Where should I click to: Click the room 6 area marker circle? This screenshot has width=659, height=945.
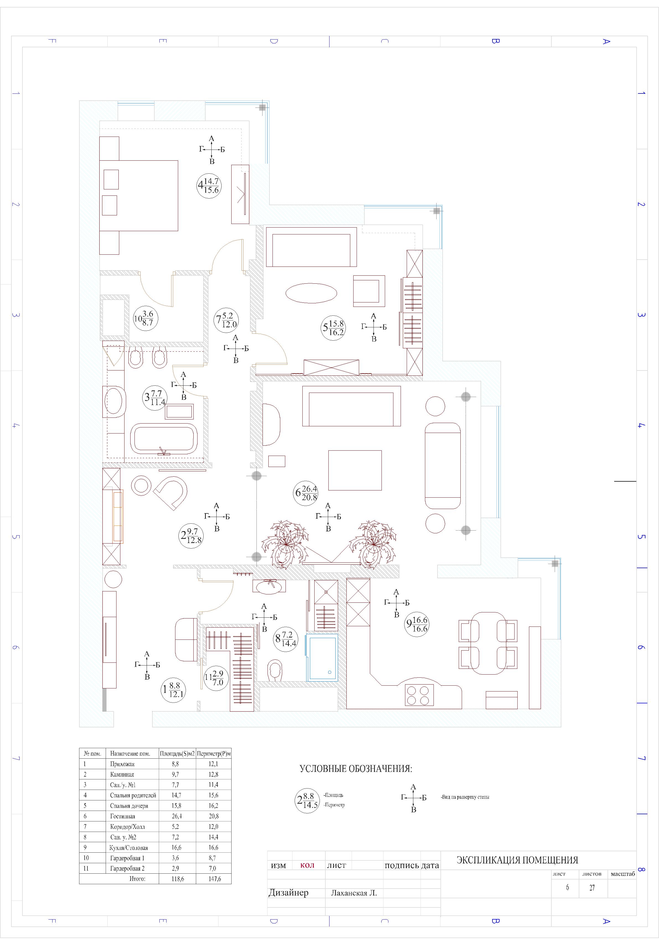pos(306,493)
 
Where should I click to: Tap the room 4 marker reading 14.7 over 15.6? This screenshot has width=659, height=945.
pos(209,186)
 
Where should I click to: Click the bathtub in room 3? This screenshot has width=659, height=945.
pos(164,439)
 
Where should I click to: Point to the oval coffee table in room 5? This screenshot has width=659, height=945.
pos(311,293)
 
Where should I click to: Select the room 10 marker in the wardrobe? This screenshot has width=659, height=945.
pos(146,318)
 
